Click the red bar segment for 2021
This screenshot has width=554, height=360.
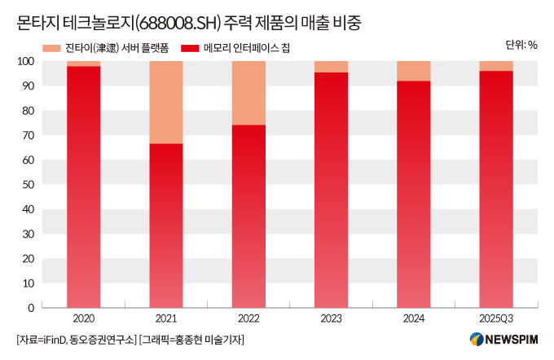[x=165, y=226]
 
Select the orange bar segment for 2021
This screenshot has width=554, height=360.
[x=165, y=103]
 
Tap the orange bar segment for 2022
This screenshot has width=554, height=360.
[x=248, y=93]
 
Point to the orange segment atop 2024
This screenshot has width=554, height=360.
[x=413, y=71]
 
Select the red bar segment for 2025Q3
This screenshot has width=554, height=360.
[x=495, y=190]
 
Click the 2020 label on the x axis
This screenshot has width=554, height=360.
[x=83, y=318]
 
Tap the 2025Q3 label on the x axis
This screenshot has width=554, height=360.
[x=495, y=318]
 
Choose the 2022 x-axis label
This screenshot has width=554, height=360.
[x=248, y=318]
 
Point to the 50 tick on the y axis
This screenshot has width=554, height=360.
[x=28, y=184]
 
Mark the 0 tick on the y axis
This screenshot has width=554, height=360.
[x=30, y=308]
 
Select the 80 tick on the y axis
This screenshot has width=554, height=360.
[x=28, y=110]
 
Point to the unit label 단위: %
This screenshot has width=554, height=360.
[x=521, y=46]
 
